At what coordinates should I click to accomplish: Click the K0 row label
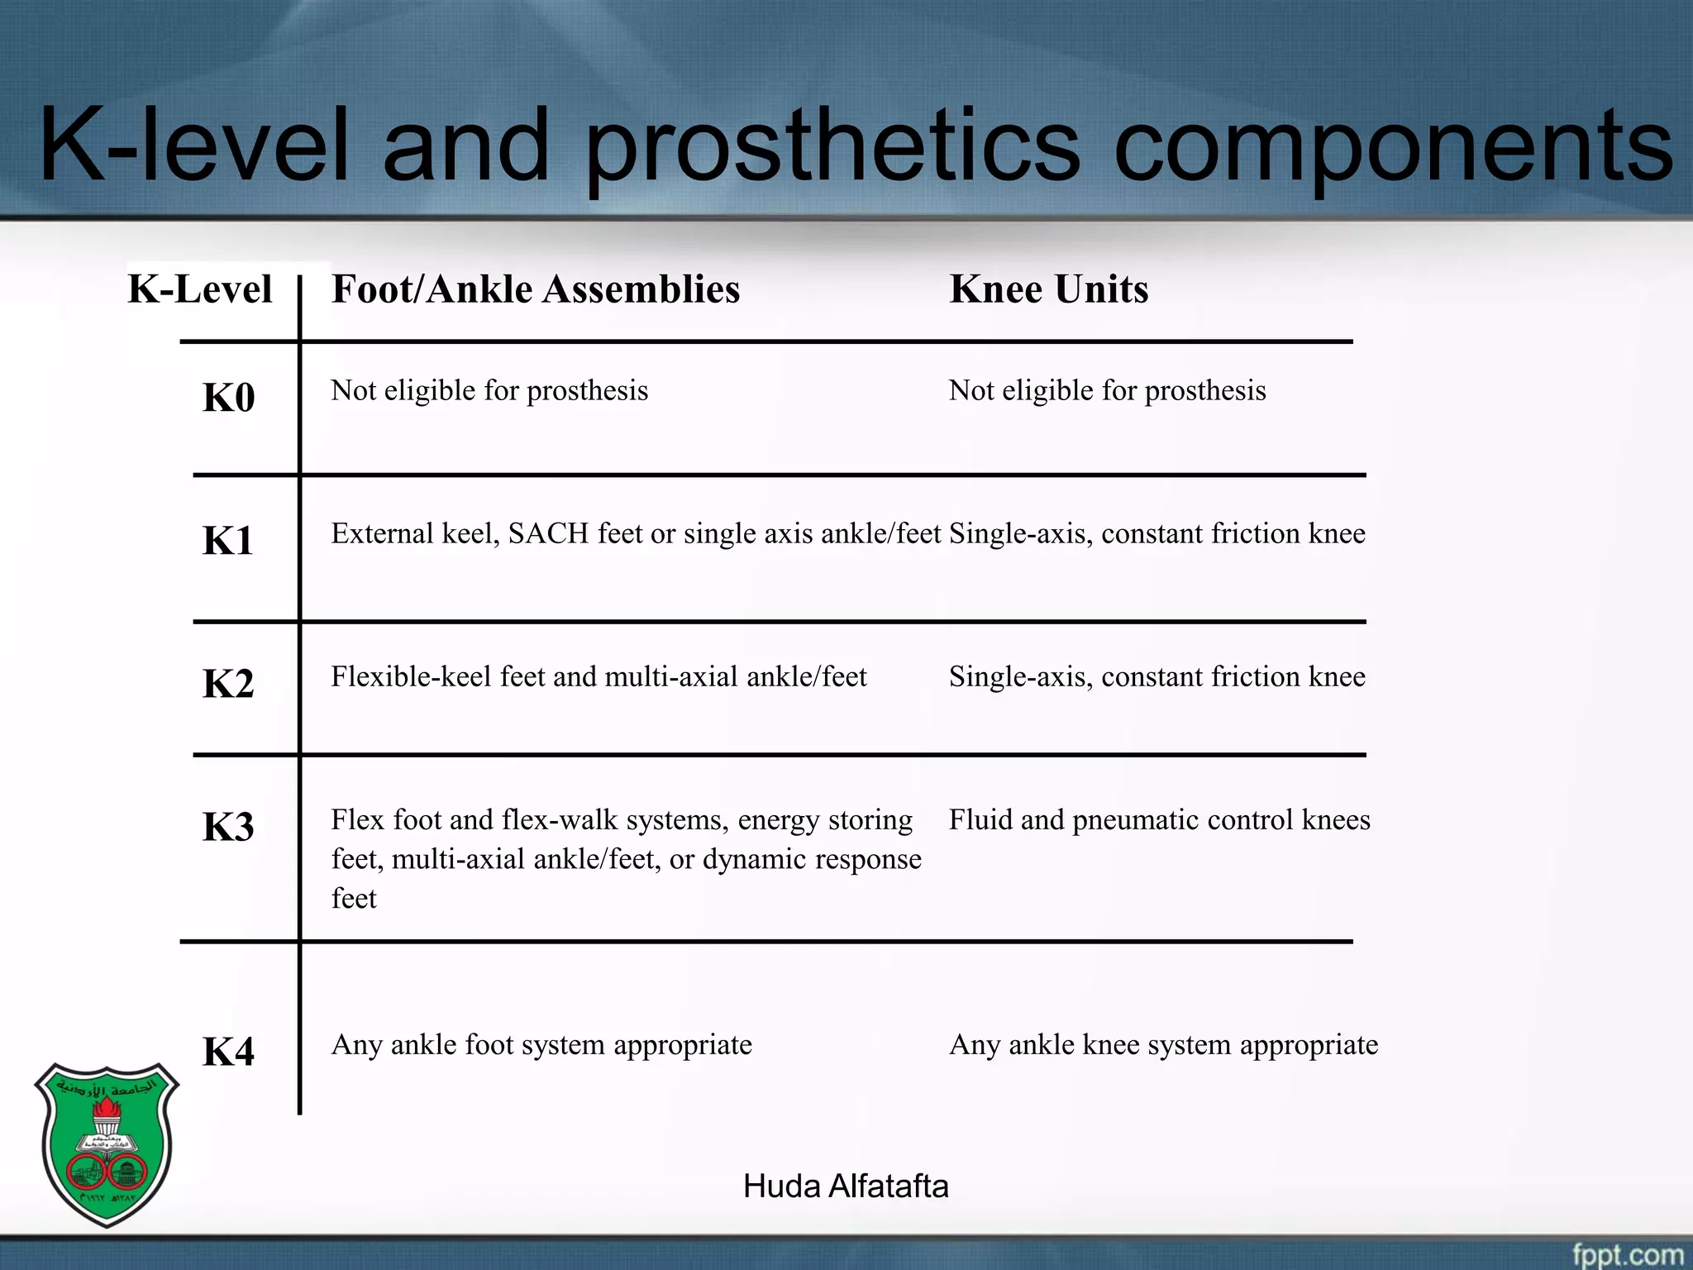[x=228, y=398]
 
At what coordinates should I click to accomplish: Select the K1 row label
[x=228, y=542]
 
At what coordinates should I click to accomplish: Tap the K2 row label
[x=228, y=685]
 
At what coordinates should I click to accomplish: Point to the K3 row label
[x=228, y=827]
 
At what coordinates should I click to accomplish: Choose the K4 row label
[x=228, y=1053]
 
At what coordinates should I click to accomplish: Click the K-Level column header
[x=200, y=289]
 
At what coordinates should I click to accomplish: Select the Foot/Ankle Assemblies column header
[x=536, y=289]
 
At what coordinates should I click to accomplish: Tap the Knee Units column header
[x=1049, y=289]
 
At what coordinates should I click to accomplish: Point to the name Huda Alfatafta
[x=846, y=1186]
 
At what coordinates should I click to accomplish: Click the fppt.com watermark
[x=1627, y=1254]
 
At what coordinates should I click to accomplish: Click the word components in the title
[x=1393, y=147]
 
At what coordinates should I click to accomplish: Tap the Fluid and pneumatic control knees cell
[x=1159, y=820]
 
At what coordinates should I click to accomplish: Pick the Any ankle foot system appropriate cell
[x=541, y=1045]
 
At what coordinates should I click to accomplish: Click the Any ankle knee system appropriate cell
[x=1163, y=1045]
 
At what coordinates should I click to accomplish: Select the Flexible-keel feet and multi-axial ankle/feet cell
[x=599, y=677]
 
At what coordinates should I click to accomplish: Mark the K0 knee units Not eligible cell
[x=1107, y=391]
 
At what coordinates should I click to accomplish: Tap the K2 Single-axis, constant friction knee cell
[x=1156, y=677]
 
